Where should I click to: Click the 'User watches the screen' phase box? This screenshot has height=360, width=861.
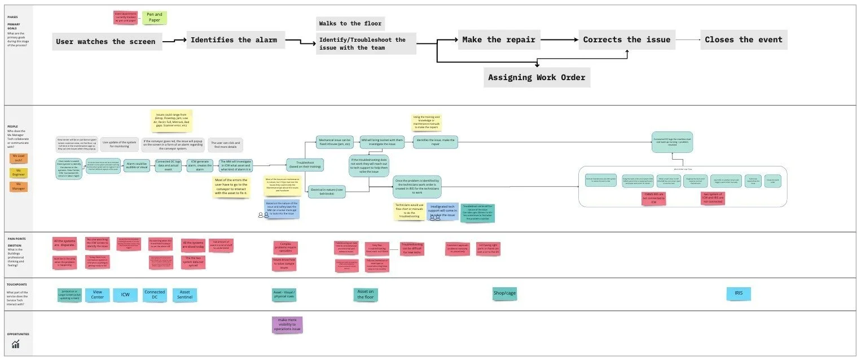click(x=106, y=41)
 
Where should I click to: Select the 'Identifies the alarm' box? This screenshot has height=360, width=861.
click(x=234, y=40)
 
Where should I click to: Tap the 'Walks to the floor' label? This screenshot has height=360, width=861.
click(x=350, y=24)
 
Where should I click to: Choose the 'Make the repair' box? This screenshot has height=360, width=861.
click(x=498, y=39)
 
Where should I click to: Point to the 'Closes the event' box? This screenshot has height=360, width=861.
click(x=744, y=39)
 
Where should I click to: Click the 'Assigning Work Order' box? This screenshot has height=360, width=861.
click(x=536, y=77)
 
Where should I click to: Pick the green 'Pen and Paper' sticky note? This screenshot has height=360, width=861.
click(x=154, y=17)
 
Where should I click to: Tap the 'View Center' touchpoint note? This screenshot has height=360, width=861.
click(x=98, y=295)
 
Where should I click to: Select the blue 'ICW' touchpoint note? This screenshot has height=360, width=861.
click(x=125, y=295)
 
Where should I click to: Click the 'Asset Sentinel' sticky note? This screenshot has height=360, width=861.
click(x=184, y=295)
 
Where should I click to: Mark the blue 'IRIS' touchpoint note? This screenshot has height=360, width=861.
click(x=739, y=293)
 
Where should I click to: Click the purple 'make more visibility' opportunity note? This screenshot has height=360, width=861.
click(x=287, y=324)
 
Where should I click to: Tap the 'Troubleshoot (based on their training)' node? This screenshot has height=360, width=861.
click(x=304, y=165)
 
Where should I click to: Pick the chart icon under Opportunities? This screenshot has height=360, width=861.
click(x=16, y=344)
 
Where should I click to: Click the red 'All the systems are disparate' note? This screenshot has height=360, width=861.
click(x=65, y=244)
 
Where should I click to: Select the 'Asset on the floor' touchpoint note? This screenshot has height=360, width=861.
click(x=366, y=294)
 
